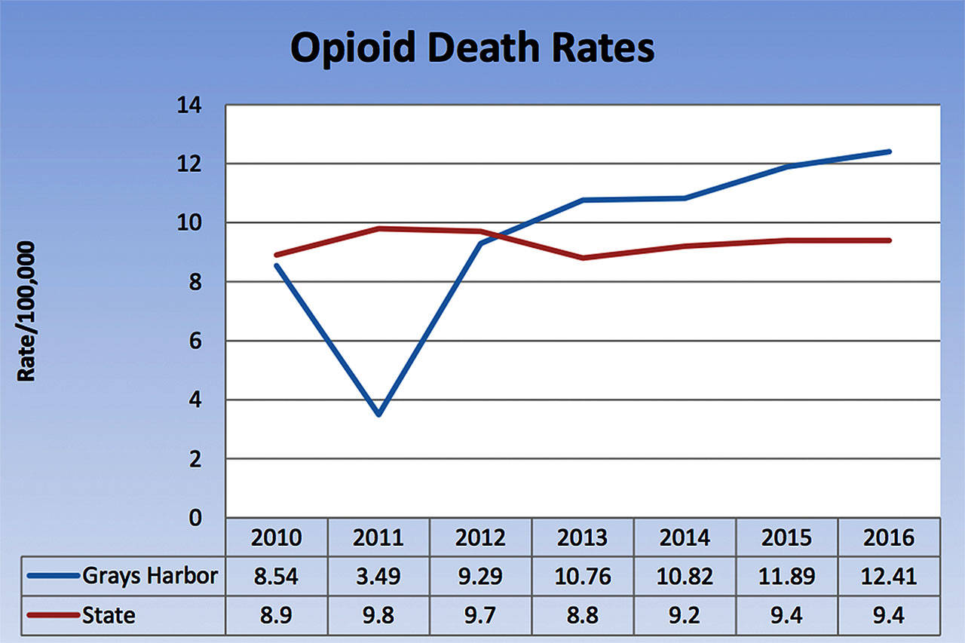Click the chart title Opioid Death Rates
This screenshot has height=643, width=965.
(x=472, y=48)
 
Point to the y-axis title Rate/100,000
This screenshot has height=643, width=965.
(x=26, y=311)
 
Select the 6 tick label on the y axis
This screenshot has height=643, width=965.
(x=197, y=341)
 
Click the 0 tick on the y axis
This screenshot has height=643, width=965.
(x=197, y=518)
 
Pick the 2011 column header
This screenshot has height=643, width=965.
(x=378, y=537)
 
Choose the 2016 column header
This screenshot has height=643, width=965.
(x=890, y=537)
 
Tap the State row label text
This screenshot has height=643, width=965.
(x=111, y=615)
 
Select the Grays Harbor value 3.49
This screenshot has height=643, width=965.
(x=378, y=577)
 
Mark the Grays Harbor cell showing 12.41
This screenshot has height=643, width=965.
(x=890, y=577)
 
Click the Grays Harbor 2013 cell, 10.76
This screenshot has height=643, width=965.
(x=583, y=577)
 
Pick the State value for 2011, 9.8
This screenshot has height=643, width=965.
(x=378, y=615)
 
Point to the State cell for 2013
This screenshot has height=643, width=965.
(x=583, y=615)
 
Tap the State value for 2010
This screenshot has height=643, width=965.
(x=277, y=615)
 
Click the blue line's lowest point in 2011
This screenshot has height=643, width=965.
(x=378, y=414)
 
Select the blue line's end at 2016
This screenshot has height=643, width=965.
(x=890, y=152)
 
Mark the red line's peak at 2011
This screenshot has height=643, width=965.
(x=378, y=228)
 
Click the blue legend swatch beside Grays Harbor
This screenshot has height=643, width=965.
(x=53, y=576)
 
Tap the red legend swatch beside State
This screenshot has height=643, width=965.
(x=53, y=615)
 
